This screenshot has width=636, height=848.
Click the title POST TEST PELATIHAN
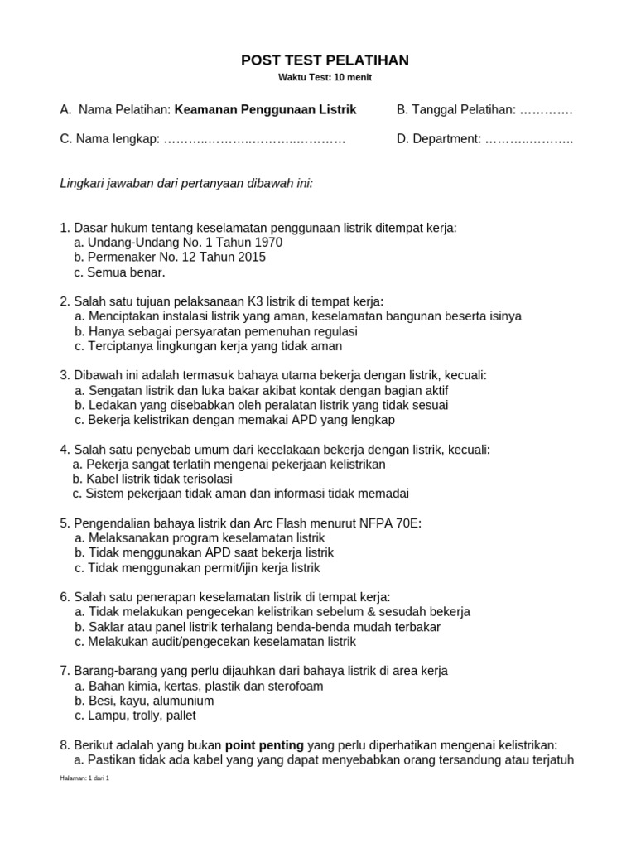click(x=325, y=60)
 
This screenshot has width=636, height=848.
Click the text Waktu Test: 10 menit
click(x=325, y=78)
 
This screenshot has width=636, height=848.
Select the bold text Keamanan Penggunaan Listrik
click(x=266, y=110)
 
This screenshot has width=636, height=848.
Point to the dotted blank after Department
click(x=529, y=139)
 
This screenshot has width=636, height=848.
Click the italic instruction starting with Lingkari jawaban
click(x=186, y=182)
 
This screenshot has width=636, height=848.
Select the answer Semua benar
click(x=125, y=272)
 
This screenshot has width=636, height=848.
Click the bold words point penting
click(x=264, y=746)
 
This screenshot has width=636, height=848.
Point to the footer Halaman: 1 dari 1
click(x=84, y=778)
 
